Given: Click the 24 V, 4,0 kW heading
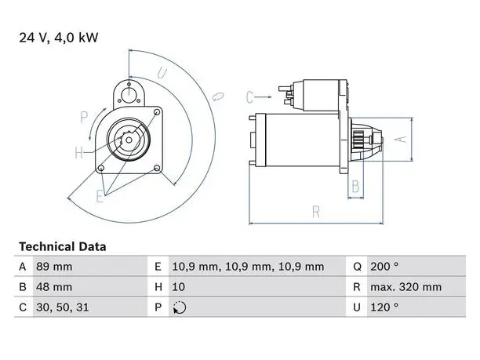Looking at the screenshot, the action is pyautogui.click(x=59, y=38).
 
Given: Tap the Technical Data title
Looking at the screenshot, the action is pyautogui.click(x=63, y=246).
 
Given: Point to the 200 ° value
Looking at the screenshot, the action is pyautogui.click(x=384, y=267).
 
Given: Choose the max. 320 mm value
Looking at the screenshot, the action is pyautogui.click(x=406, y=287).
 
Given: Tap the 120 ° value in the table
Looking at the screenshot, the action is pyautogui.click(x=384, y=307).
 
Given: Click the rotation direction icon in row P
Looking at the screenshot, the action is pyautogui.click(x=180, y=307).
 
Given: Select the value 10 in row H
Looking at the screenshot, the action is pyautogui.click(x=179, y=287).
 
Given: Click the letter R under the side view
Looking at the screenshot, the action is pyautogui.click(x=316, y=212).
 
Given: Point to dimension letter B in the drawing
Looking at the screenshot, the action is pyautogui.click(x=355, y=186).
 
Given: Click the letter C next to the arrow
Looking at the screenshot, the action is pyautogui.click(x=249, y=97).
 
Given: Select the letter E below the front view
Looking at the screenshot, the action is pyautogui.click(x=100, y=196).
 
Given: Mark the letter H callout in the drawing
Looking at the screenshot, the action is pyautogui.click(x=79, y=152).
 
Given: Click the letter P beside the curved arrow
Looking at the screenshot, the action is pyautogui.click(x=84, y=117).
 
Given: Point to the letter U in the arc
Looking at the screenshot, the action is pyautogui.click(x=162, y=73).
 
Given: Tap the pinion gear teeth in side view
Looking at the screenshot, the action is pyautogui.click(x=358, y=140).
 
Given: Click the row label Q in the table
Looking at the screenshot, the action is pyautogui.click(x=357, y=267).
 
